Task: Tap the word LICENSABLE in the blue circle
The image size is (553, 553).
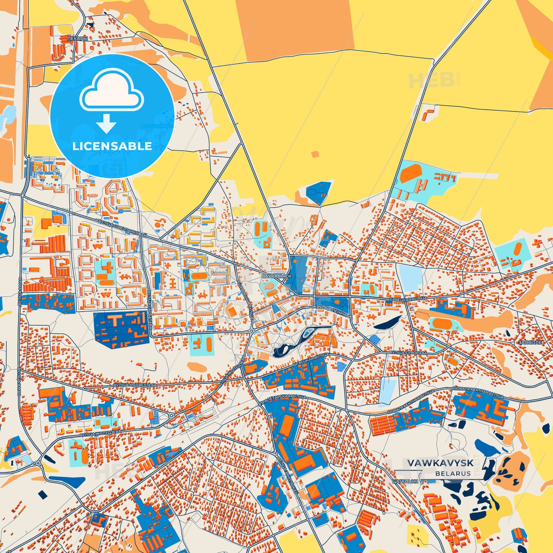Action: [x=112, y=146]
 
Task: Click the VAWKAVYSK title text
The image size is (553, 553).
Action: [x=440, y=463]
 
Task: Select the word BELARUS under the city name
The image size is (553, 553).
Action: [x=453, y=473]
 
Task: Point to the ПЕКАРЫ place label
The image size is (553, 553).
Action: [x=77, y=39]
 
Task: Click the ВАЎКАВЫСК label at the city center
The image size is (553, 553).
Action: [x=276, y=276]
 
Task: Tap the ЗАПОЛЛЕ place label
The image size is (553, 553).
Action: [x=530, y=343]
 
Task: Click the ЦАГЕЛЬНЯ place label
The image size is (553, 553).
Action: [x=405, y=481]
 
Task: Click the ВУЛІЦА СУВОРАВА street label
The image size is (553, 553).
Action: [x=408, y=352]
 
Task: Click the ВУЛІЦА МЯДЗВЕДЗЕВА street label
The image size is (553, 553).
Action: [x=135, y=385]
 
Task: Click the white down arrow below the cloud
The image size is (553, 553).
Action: [x=106, y=123]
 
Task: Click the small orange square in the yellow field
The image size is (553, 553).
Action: [x=315, y=154]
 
